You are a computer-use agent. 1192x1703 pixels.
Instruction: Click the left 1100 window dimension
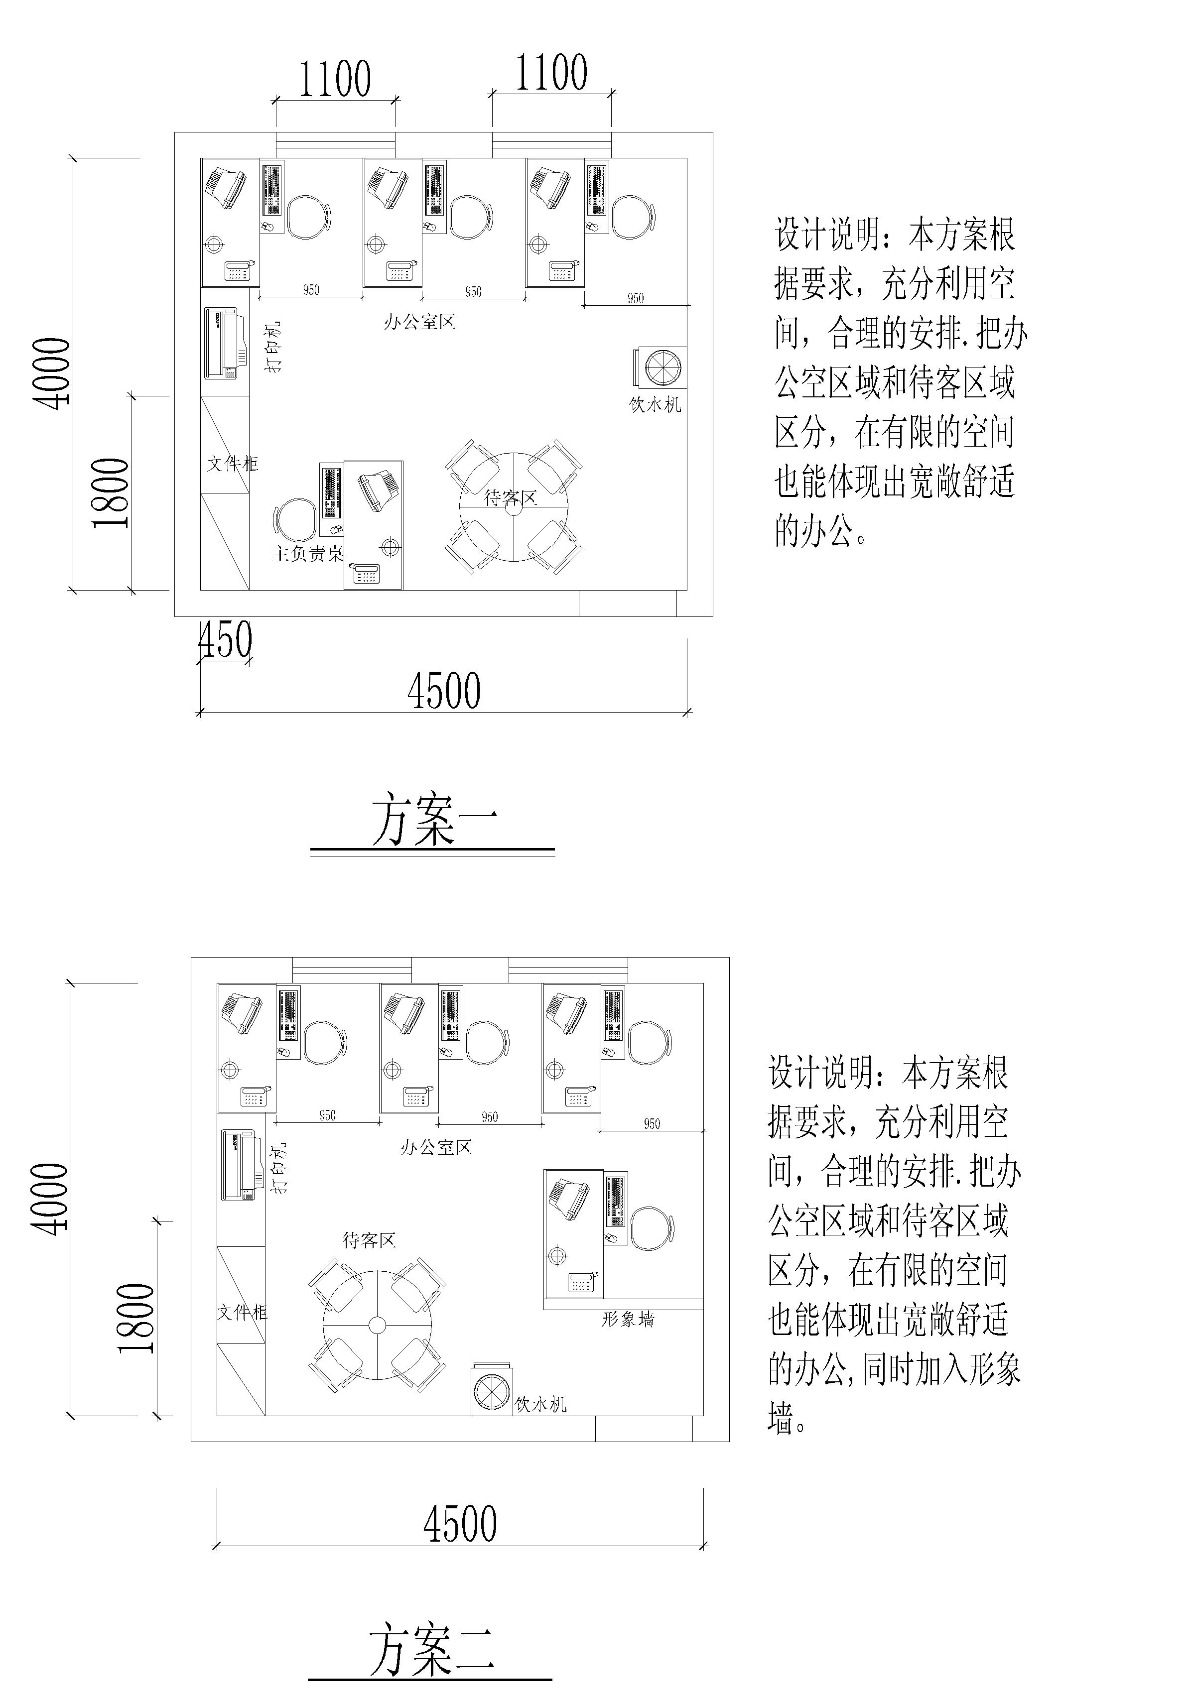point(335,79)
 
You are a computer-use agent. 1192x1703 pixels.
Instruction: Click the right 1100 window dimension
point(551,73)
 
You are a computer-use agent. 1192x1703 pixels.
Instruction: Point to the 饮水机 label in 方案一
point(655,405)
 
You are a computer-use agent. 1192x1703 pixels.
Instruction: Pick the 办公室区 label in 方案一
point(419,322)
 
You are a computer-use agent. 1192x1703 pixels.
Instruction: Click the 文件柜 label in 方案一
point(232,464)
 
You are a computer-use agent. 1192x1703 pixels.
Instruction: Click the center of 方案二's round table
point(377,1325)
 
